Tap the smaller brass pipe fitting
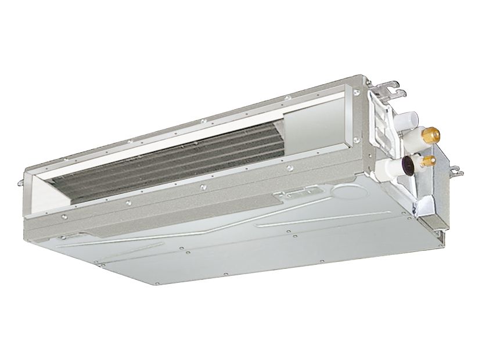point(429,158)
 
